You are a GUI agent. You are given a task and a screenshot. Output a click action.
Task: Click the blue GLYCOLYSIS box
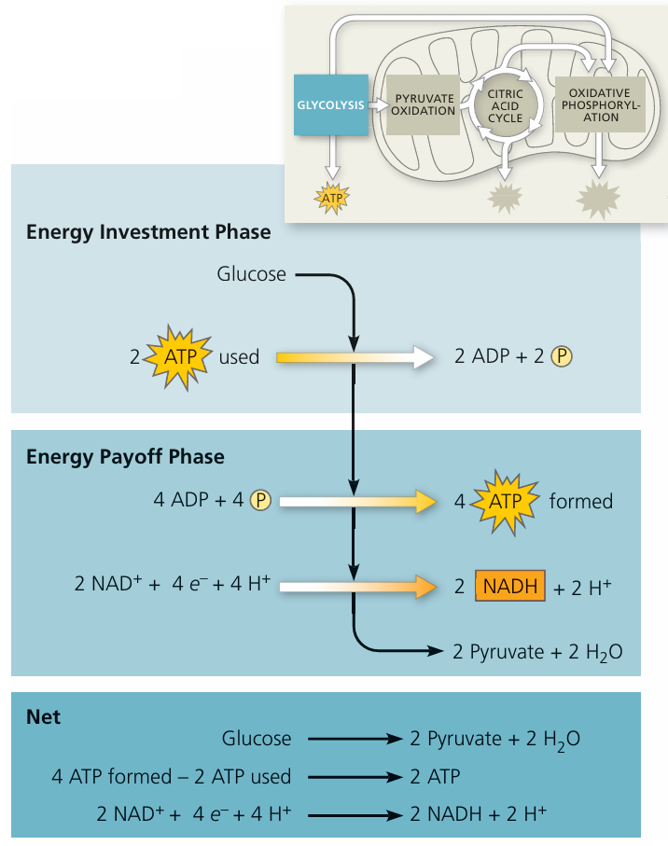330,104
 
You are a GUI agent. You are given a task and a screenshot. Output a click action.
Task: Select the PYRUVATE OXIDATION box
424,104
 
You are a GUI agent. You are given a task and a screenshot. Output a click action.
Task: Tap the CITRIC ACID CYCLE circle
506,105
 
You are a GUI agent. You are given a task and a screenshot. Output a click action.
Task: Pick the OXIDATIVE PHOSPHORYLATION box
593,104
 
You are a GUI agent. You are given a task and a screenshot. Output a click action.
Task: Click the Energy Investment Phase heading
148,231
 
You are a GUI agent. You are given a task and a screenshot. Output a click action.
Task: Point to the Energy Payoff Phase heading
125,456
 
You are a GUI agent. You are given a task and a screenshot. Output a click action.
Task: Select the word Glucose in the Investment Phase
251,274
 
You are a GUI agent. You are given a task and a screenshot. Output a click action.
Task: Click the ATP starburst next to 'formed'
505,501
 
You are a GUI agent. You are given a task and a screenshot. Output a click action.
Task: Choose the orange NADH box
509,587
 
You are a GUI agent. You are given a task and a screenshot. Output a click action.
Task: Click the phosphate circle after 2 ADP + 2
561,355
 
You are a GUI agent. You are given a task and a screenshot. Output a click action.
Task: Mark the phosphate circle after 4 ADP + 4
259,500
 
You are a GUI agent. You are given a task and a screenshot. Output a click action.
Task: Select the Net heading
43,717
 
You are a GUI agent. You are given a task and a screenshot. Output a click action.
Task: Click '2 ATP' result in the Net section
435,775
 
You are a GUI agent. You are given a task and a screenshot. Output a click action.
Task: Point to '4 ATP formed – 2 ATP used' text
171,775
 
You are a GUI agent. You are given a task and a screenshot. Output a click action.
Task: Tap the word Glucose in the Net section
257,739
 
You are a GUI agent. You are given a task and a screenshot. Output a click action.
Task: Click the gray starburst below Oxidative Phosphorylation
597,199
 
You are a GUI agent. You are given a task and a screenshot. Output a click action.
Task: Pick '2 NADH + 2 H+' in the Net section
478,812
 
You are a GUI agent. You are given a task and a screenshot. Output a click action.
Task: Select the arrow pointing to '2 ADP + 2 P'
355,356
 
